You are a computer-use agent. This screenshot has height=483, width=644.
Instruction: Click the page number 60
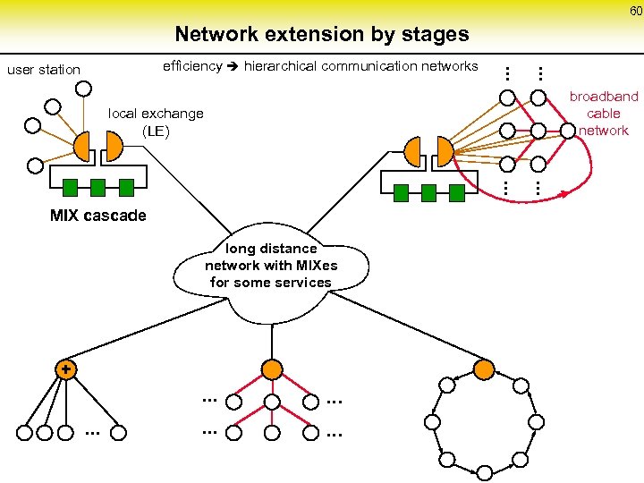click(x=634, y=11)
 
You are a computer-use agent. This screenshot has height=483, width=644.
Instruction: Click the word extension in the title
click(x=292, y=35)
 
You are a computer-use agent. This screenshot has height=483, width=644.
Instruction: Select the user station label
click(x=44, y=70)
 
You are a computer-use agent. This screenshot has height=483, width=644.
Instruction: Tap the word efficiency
click(x=192, y=66)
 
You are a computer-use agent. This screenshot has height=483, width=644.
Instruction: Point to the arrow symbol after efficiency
click(x=233, y=66)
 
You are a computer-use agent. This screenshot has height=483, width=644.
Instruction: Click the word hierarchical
click(x=280, y=66)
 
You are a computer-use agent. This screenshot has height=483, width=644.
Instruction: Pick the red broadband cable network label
click(x=604, y=114)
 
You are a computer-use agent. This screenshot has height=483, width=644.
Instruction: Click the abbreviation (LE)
click(x=156, y=131)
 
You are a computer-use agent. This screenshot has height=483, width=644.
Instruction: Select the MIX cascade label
click(x=98, y=216)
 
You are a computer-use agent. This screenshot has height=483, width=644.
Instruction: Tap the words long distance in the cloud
click(x=271, y=249)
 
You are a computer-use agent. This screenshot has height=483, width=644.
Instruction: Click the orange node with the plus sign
click(x=64, y=369)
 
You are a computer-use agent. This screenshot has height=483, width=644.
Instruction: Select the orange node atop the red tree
click(x=273, y=369)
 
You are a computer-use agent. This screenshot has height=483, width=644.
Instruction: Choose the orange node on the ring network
click(x=483, y=369)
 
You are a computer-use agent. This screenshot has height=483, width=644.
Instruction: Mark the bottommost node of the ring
click(x=483, y=472)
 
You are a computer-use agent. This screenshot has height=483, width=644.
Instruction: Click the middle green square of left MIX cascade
click(x=98, y=187)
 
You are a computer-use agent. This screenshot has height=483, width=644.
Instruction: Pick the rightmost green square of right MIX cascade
click(x=457, y=191)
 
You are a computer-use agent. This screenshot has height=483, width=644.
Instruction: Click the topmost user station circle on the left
click(x=84, y=89)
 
